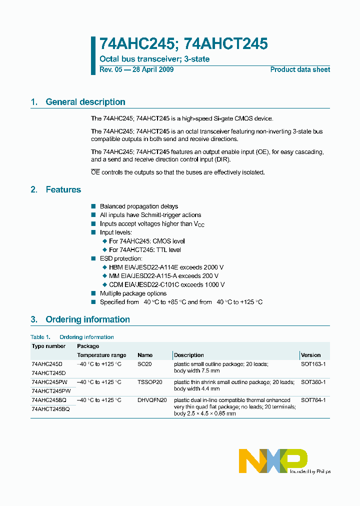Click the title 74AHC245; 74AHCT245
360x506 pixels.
183,44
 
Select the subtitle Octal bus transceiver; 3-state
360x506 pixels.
154,59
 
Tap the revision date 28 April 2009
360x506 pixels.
152,69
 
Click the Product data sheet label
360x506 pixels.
300,69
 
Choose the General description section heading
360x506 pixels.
85,102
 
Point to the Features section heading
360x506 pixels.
63,189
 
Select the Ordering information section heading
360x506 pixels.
87,319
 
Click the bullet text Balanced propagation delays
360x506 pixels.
138,206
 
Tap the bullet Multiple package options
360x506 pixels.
133,293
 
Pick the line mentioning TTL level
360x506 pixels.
145,249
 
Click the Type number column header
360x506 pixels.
48,346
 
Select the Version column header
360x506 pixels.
310,355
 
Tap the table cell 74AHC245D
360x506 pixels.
47,364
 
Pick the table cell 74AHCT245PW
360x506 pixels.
51,391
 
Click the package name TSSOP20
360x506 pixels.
150,382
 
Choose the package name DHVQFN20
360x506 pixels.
152,400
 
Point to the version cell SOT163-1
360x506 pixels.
313,364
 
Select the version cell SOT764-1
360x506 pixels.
313,400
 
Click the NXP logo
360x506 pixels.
273,460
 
